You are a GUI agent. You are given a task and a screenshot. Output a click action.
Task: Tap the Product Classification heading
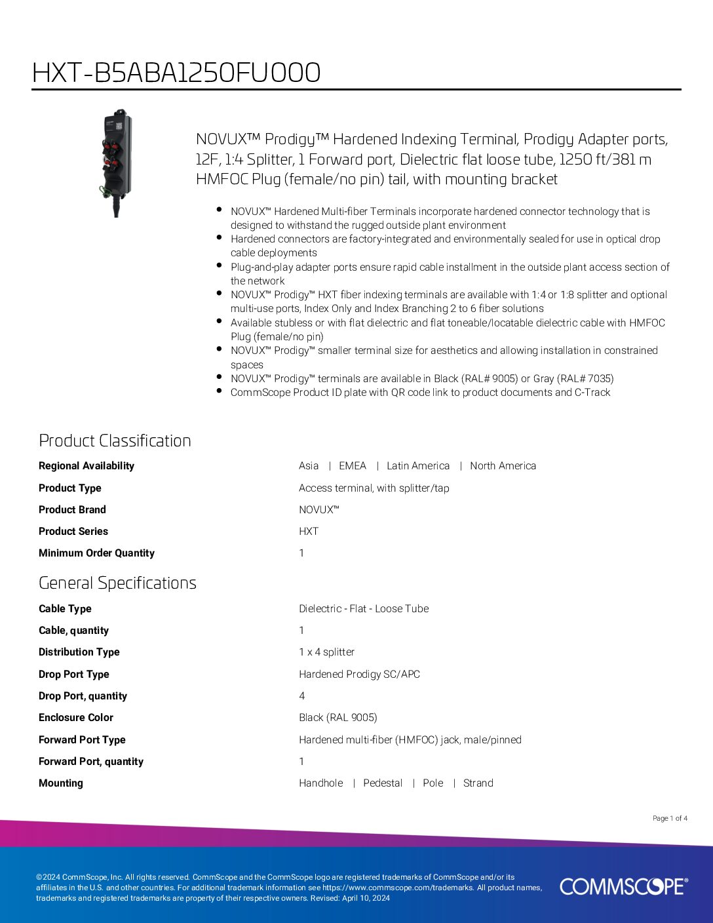[115, 441]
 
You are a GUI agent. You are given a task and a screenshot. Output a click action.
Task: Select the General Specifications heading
[117, 583]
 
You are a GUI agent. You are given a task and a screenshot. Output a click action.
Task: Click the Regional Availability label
[86, 466]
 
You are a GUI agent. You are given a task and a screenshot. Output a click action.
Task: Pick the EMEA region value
[353, 466]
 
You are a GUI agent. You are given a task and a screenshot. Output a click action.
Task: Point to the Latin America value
[418, 466]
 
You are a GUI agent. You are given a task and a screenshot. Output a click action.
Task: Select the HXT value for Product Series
[309, 532]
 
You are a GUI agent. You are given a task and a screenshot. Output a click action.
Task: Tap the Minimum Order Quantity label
[96, 553]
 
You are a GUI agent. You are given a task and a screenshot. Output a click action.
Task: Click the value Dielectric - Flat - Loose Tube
[364, 609]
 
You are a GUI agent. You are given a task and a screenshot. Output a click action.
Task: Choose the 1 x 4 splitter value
[326, 652]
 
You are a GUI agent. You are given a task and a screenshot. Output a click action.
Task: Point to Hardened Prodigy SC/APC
[359, 675]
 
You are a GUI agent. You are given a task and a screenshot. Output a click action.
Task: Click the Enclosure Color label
[76, 718]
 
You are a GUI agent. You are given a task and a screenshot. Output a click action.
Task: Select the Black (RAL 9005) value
[338, 718]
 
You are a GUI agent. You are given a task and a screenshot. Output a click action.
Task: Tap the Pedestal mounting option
[383, 783]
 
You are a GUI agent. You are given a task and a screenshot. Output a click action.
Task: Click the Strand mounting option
[478, 783]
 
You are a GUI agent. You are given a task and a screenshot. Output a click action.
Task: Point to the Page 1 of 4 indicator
[670, 818]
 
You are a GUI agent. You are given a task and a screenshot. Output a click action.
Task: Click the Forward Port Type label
[82, 740]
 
